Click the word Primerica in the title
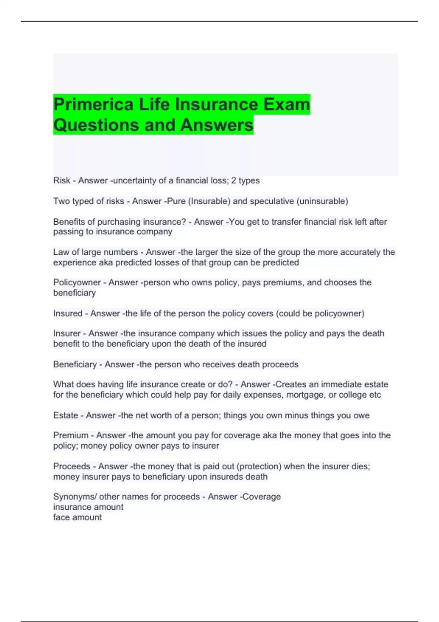[x=93, y=105]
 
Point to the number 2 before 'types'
[x=233, y=180]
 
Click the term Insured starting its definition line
[x=68, y=314]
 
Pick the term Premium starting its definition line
[x=71, y=435]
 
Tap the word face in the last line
[x=61, y=517]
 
